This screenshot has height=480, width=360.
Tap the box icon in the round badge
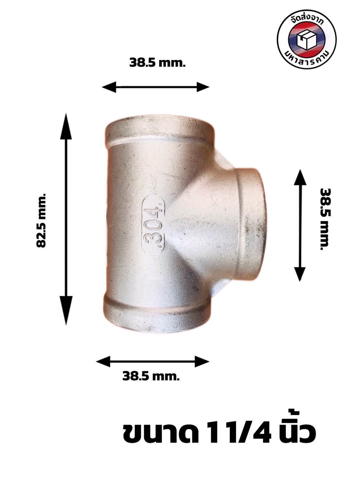[307, 41]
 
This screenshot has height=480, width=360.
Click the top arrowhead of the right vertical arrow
[300, 177]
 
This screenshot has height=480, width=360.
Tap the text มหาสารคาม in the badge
[307, 60]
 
